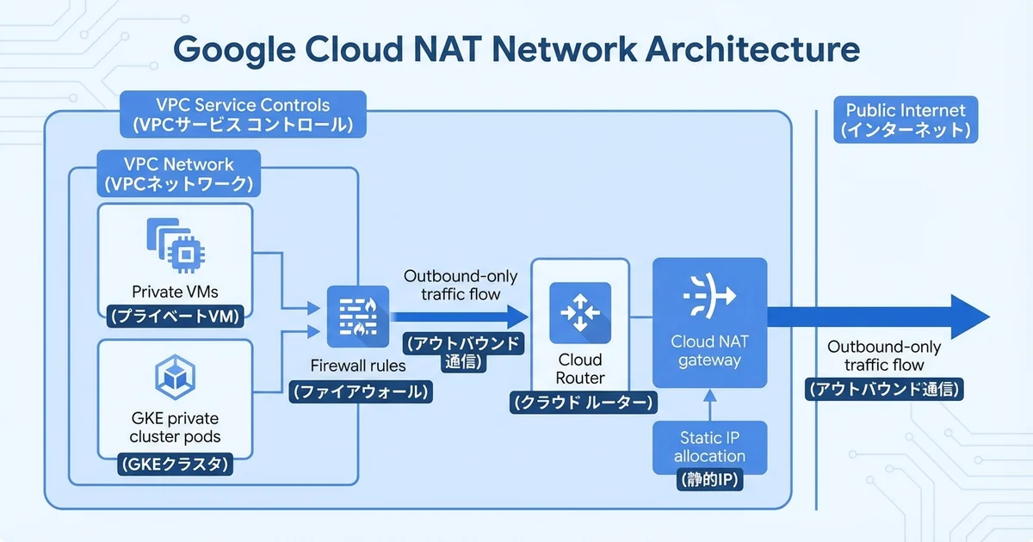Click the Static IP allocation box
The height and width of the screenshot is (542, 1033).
tap(709, 447)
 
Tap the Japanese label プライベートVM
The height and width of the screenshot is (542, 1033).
tap(176, 316)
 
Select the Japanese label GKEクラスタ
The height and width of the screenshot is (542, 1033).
tap(176, 467)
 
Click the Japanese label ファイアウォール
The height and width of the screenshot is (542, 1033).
tap(361, 391)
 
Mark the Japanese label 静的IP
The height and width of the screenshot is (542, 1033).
tap(709, 477)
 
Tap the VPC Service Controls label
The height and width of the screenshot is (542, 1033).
tap(244, 114)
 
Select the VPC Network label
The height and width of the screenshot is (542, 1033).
tap(178, 173)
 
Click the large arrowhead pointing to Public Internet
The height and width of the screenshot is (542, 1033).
tap(968, 316)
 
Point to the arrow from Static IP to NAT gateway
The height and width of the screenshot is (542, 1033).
tap(709, 404)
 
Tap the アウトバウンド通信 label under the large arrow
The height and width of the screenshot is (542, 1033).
tap(883, 388)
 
